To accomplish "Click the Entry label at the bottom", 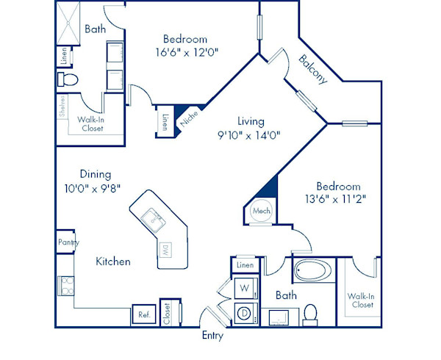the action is coord(212,336).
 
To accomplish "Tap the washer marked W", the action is coord(245,288).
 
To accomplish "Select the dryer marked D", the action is coord(245,313).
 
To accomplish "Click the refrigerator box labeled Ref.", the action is coord(144,314).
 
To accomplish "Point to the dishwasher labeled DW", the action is coord(165,250).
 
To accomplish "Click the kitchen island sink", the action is coord(154,220).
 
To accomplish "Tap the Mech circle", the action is coord(261,211).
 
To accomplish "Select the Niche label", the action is coord(189,118).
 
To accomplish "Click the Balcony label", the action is coord(313,69).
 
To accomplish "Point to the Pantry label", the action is coord(68,242).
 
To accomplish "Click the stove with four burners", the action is coord(66,286).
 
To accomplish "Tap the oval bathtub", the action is coord(314,270).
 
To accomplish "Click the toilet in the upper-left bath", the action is coord(68,79).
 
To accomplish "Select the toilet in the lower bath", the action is coord(310,315).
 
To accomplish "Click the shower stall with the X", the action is coord(68,23).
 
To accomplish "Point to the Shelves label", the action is coord(62,106).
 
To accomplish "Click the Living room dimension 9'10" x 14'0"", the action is coord(249,136).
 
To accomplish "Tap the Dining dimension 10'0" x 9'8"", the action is coord(93,189).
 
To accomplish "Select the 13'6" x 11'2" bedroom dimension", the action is coord(336,199).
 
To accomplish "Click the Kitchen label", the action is coord(113,262).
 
